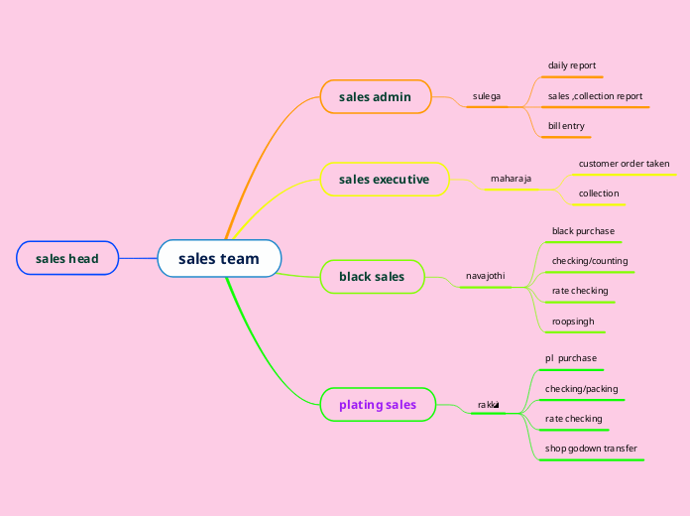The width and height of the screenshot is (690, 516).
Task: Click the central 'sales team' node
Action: click(x=219, y=259)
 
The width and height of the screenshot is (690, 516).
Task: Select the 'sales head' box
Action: click(x=67, y=259)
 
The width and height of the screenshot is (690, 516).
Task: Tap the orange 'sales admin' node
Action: click(x=375, y=96)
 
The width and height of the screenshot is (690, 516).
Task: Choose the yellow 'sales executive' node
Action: click(x=384, y=180)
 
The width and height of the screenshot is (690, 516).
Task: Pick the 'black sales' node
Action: click(x=372, y=276)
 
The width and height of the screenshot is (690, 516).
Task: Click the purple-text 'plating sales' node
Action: click(x=378, y=404)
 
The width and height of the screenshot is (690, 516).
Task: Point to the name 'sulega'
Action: click(x=487, y=96)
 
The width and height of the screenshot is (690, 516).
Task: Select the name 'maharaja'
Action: click(x=511, y=179)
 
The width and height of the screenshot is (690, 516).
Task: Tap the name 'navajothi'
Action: click(x=486, y=275)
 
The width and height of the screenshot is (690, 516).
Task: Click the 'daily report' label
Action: click(x=572, y=65)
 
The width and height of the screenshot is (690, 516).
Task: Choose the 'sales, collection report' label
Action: click(x=595, y=96)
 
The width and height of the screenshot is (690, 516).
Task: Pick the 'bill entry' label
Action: click(x=566, y=126)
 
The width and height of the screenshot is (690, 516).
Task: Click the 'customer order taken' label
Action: click(x=624, y=163)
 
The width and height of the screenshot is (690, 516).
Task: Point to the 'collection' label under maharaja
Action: click(x=599, y=193)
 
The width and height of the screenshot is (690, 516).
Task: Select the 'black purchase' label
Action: click(x=583, y=231)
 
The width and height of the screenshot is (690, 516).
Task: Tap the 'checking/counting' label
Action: click(x=589, y=261)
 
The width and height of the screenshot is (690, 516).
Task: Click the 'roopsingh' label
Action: click(x=573, y=322)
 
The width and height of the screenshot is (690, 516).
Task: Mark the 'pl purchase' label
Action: click(x=571, y=357)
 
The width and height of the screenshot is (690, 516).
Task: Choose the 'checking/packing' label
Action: click(x=581, y=389)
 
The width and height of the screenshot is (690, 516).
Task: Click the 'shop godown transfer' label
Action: click(x=591, y=449)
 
